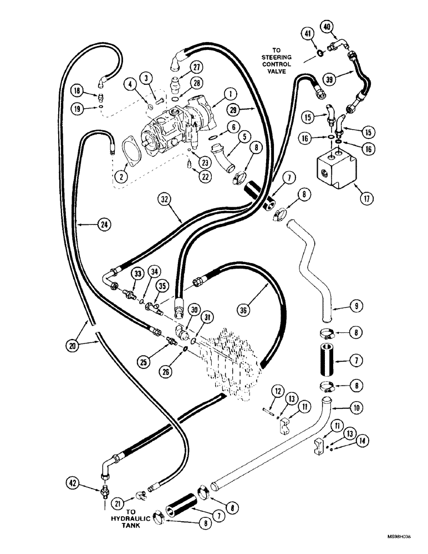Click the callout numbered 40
pyautogui.click(x=327, y=26)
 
